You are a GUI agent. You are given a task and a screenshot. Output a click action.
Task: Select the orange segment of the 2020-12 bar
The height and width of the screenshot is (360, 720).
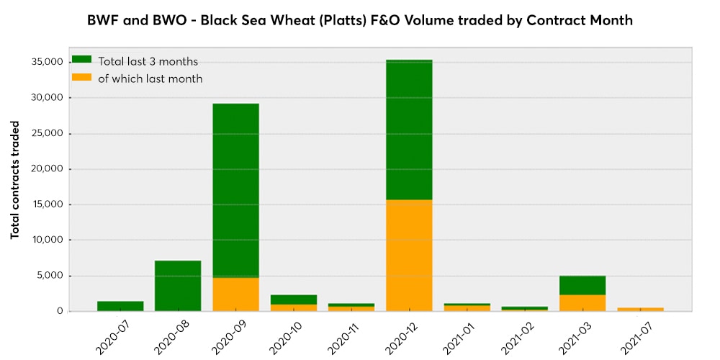tap(409, 256)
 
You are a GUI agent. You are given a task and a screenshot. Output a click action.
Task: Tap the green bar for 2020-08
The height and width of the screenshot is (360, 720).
tap(178, 286)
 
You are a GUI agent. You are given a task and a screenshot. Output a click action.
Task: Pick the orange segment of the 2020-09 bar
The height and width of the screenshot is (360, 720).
tap(235, 294)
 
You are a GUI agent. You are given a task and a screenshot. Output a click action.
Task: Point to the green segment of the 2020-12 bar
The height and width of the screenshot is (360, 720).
tap(409, 130)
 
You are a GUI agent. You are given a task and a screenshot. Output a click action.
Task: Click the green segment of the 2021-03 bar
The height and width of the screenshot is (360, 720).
tap(582, 285)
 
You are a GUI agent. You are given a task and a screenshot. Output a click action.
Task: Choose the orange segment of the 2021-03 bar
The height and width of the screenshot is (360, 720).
tap(582, 303)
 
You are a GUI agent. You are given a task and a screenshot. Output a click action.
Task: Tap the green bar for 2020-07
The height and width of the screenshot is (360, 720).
tap(120, 306)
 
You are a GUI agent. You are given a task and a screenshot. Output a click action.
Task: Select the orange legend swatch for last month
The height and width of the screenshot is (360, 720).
tap(82, 78)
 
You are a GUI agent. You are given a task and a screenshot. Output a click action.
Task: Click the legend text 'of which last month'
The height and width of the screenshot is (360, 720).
tap(150, 78)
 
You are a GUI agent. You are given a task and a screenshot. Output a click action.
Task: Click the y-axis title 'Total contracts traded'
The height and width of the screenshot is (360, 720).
tap(15, 180)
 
